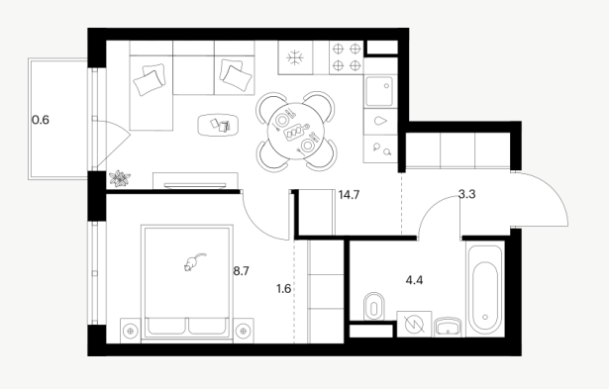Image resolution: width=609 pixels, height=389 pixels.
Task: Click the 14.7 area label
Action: [x=349, y=195]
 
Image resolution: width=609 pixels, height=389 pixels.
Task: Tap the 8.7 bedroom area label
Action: [x=242, y=271]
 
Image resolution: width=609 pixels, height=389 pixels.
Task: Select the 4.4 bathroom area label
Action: [x=414, y=280]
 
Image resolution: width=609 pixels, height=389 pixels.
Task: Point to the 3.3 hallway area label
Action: [x=466, y=194]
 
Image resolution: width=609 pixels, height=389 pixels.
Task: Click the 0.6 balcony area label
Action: [x=41, y=120]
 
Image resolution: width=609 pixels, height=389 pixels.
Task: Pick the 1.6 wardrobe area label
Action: [x=284, y=289]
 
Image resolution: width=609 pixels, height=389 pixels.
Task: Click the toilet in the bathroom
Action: [x=374, y=307]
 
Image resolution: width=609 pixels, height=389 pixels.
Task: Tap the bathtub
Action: [x=485, y=289]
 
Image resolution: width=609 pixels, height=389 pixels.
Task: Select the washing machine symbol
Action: [x=414, y=324]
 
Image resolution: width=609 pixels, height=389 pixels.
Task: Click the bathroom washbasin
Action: [x=449, y=327]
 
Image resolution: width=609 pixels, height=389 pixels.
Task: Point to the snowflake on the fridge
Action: [x=295, y=57]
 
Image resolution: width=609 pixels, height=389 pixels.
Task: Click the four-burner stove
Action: [x=347, y=57]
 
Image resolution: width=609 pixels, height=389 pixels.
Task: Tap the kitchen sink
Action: [x=380, y=92]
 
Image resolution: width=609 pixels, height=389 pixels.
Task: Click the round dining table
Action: [x=296, y=132]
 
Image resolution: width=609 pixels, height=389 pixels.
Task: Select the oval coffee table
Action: [x=218, y=125]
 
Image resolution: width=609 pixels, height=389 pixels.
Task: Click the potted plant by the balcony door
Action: [x=120, y=178]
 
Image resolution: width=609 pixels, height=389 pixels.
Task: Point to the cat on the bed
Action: [x=194, y=261]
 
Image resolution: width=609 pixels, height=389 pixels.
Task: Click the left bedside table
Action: [x=131, y=331]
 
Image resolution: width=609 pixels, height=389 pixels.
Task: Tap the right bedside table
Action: [x=244, y=331]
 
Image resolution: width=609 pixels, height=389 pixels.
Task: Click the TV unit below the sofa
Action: [x=195, y=181]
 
